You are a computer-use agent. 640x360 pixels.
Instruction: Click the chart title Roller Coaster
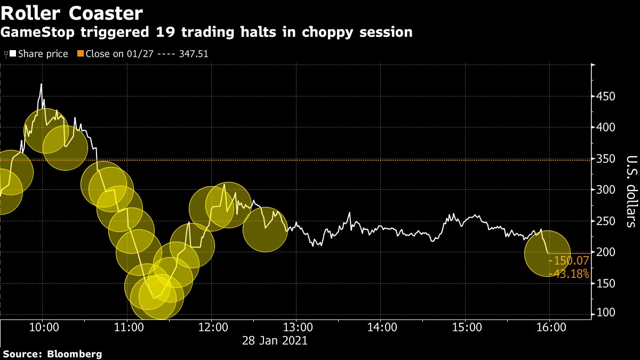tap(72, 13)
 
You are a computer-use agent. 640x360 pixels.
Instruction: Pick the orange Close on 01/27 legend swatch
tap(81, 54)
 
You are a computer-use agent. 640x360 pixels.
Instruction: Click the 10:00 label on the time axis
tap(43, 326)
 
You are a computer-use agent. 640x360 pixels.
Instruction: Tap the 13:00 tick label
tap(297, 326)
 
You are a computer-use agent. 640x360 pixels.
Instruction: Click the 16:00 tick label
tap(550, 326)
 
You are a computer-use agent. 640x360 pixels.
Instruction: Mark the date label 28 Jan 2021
tap(275, 340)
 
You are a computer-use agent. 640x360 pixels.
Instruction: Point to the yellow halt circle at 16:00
tap(548, 253)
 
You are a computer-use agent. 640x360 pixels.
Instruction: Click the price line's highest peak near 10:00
tap(41, 84)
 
